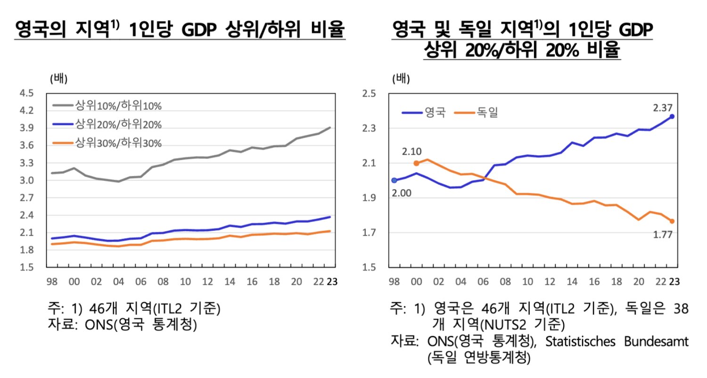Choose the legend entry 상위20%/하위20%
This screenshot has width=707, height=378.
coord(118,124)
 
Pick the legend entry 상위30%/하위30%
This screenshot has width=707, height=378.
coord(118,143)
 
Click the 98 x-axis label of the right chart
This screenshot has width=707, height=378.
coord(394,282)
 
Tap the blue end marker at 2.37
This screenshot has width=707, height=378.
coord(672,116)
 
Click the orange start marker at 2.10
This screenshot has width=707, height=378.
coord(416,163)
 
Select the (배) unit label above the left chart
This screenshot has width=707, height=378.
coord(59,79)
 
